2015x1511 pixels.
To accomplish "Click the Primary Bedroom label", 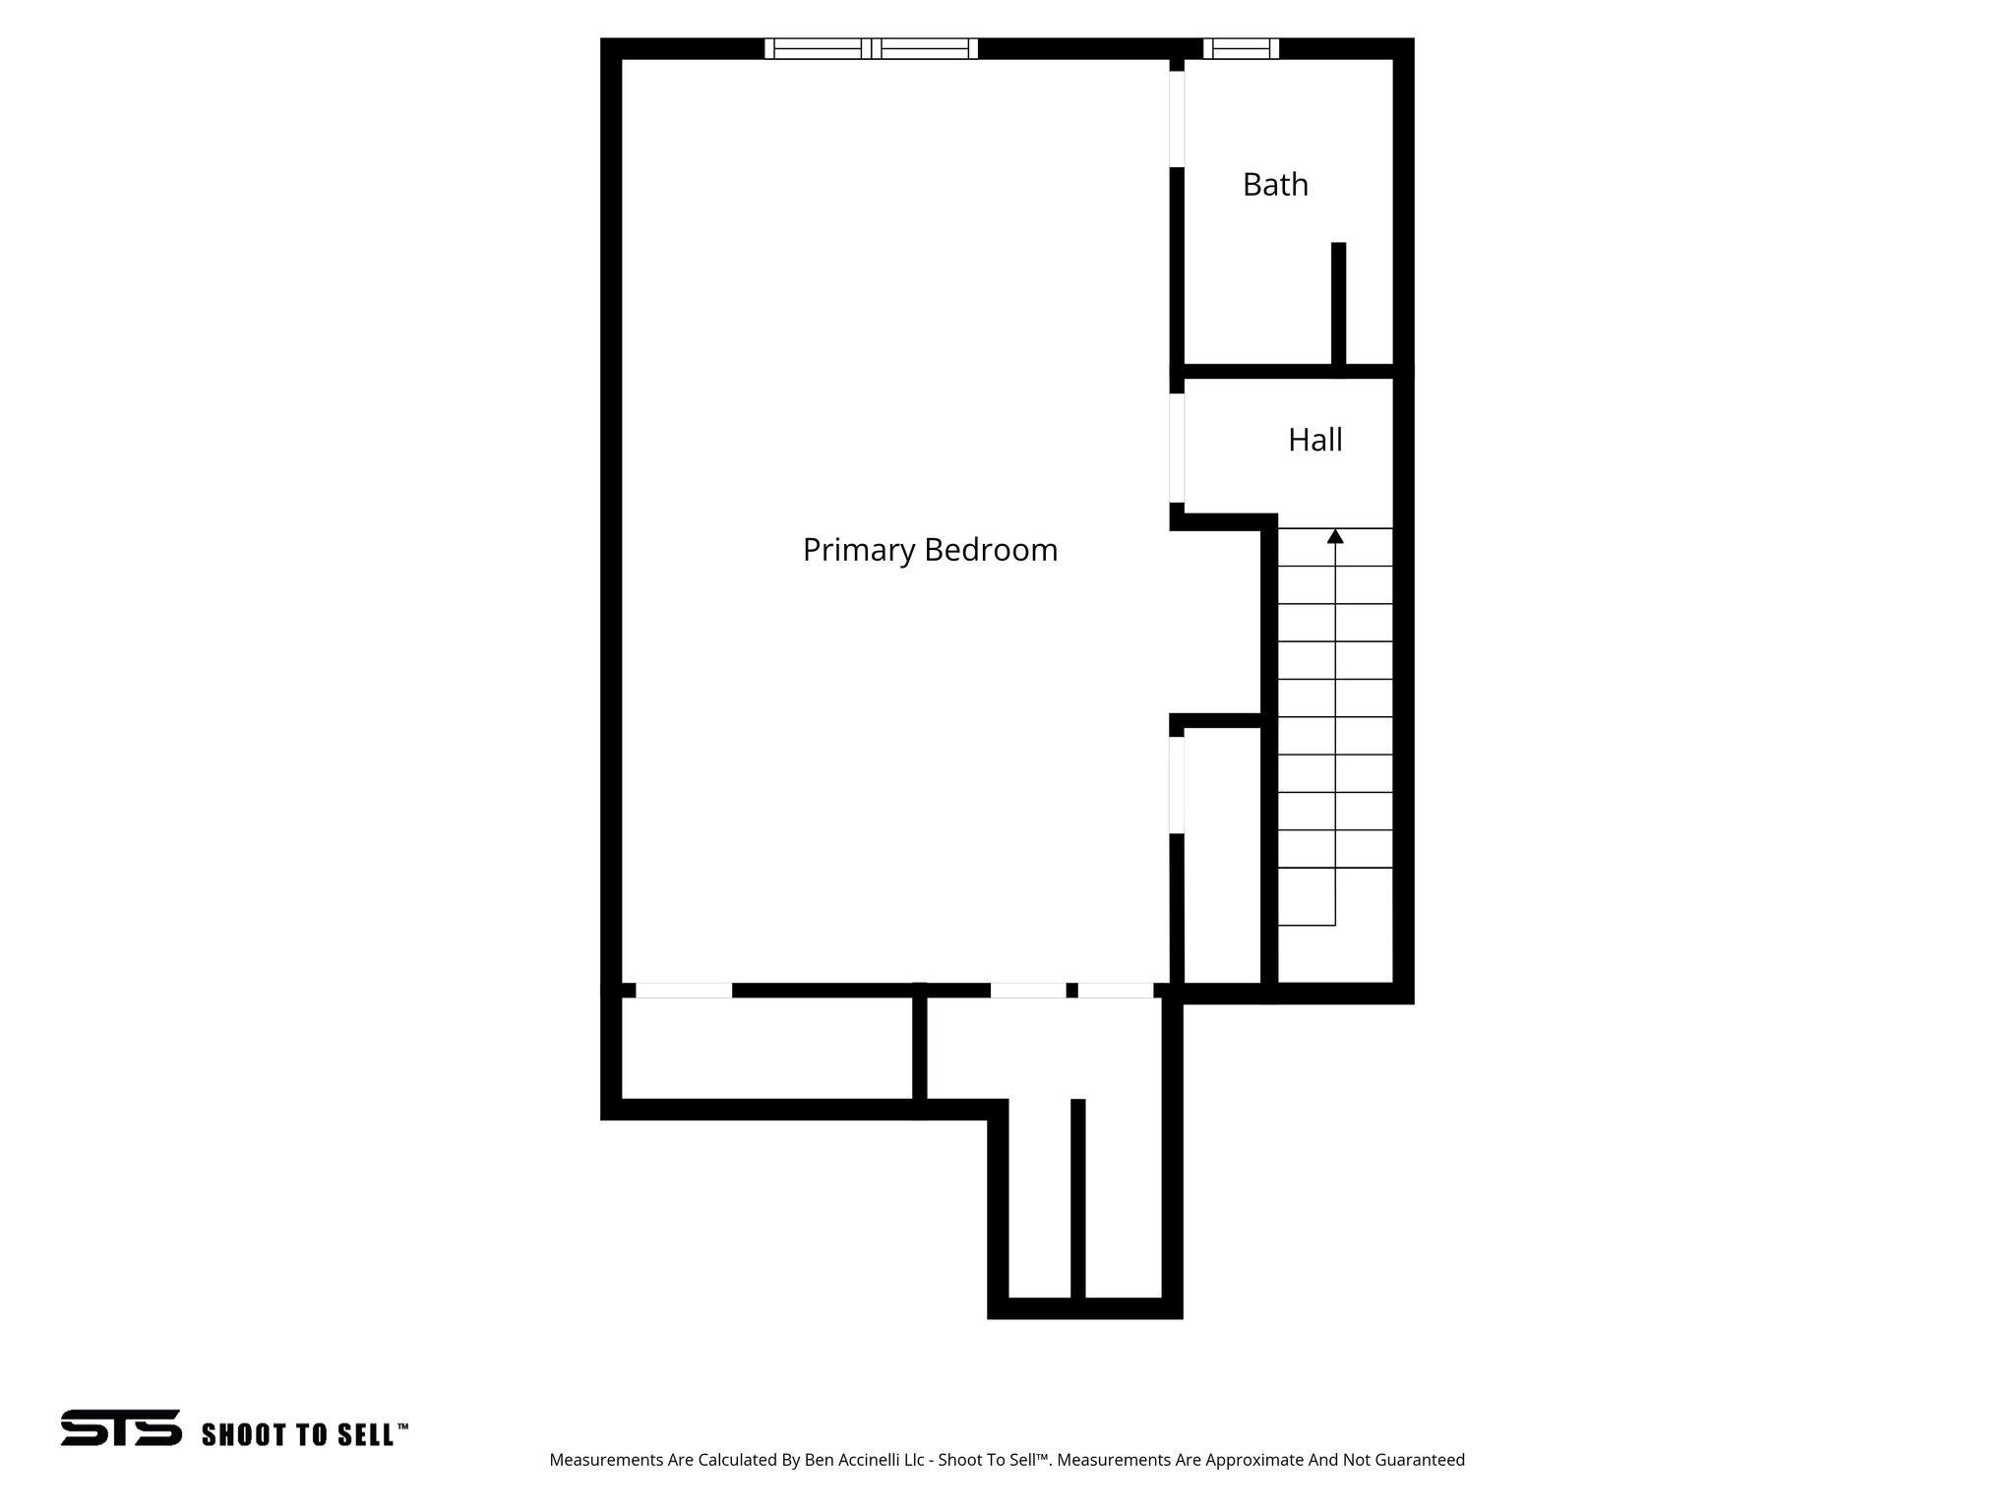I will click(x=930, y=549).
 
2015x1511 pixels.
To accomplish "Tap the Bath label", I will click(x=1275, y=185).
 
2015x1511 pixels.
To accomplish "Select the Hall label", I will click(x=1314, y=440).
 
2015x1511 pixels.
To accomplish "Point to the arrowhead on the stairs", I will click(x=1335, y=536).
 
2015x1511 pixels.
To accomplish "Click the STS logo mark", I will click(x=121, y=1427).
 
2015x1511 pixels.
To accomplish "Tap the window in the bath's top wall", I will click(x=1241, y=48).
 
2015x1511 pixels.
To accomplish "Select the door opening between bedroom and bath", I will click(x=1177, y=119).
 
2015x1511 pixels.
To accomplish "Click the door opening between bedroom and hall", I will click(x=1177, y=448).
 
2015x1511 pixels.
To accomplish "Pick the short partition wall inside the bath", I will click(x=1338, y=305).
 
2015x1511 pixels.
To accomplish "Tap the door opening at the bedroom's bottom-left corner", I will click(x=684, y=991).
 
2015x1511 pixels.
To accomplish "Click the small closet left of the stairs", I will click(x=1222, y=856).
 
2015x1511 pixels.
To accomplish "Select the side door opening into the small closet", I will click(x=1177, y=785).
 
